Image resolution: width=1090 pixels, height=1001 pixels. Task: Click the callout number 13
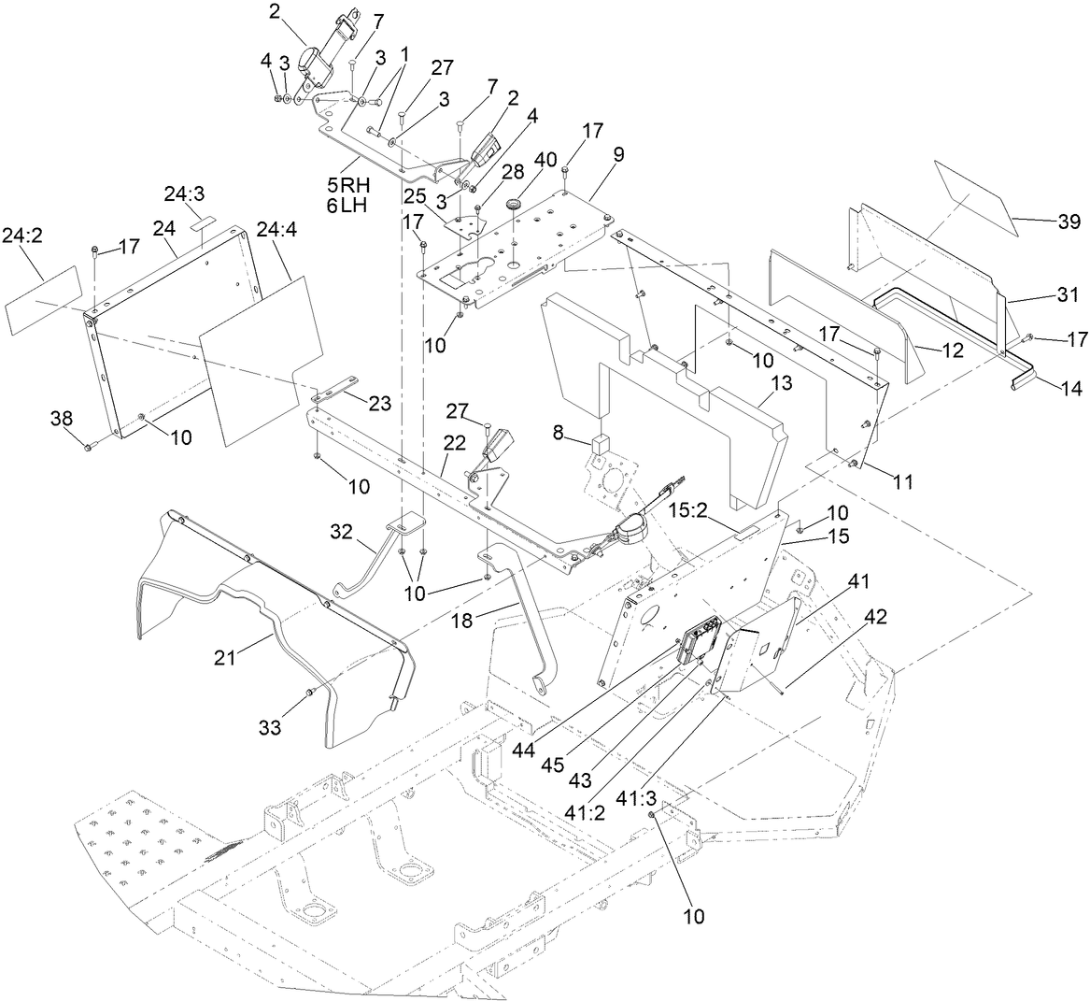point(781,382)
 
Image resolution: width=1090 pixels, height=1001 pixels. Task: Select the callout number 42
point(876,617)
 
